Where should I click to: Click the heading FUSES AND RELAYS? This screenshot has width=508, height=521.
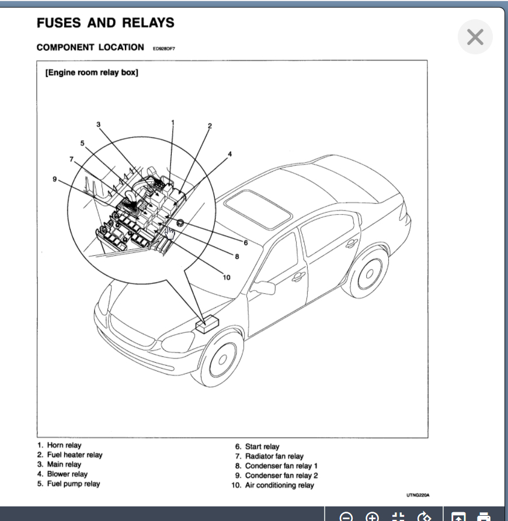click(105, 23)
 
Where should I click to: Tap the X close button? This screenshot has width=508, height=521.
click(475, 37)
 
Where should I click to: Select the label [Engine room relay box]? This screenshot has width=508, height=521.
click(92, 73)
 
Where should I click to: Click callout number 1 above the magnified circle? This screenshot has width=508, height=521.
click(173, 122)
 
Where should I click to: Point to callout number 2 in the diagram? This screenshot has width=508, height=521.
click(210, 126)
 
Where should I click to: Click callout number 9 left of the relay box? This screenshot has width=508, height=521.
click(55, 179)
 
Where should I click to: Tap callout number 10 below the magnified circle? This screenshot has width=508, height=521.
click(227, 277)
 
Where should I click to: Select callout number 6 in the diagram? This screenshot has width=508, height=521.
click(246, 242)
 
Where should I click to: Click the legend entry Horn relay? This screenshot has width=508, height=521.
click(64, 446)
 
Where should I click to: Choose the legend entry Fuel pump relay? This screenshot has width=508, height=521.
click(74, 484)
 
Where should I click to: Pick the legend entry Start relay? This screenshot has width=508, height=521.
click(262, 447)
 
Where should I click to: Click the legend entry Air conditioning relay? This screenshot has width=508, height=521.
click(279, 485)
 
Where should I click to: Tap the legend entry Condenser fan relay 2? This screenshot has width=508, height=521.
click(281, 475)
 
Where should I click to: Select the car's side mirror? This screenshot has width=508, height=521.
click(264, 287)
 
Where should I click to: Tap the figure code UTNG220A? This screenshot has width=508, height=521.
click(418, 495)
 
